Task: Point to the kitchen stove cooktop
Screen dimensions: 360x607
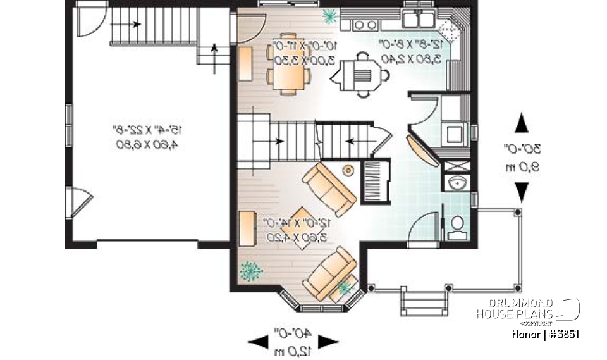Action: (363, 25)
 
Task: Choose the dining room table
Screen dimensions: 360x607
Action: (288, 64)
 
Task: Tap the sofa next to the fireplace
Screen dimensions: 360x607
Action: (329, 189)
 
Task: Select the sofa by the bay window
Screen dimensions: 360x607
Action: (329, 272)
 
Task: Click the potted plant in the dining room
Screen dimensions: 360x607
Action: (329, 15)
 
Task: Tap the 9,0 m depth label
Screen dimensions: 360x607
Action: (522, 167)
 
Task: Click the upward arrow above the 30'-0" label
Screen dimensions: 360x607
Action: (522, 124)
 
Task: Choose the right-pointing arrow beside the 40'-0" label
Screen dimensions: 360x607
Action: (327, 342)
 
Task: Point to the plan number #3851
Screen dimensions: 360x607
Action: (563, 334)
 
